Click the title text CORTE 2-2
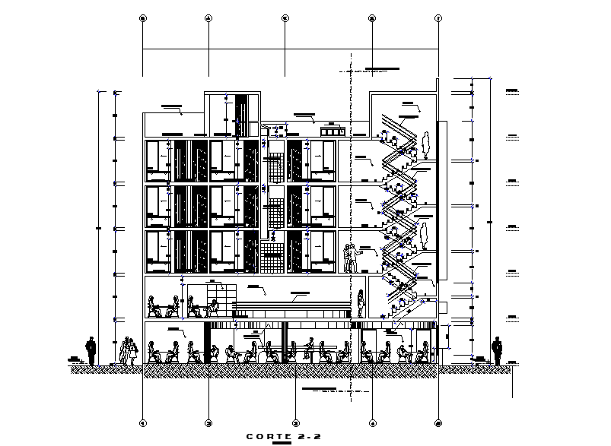(x=280, y=435)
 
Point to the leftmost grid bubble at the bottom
(x=143, y=422)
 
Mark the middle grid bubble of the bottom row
(x=296, y=422)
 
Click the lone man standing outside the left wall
(x=91, y=351)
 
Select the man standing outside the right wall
(x=497, y=351)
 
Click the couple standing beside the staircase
(x=351, y=258)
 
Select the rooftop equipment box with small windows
(x=329, y=131)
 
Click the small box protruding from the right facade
(x=441, y=306)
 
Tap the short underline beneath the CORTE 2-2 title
(x=281, y=442)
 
